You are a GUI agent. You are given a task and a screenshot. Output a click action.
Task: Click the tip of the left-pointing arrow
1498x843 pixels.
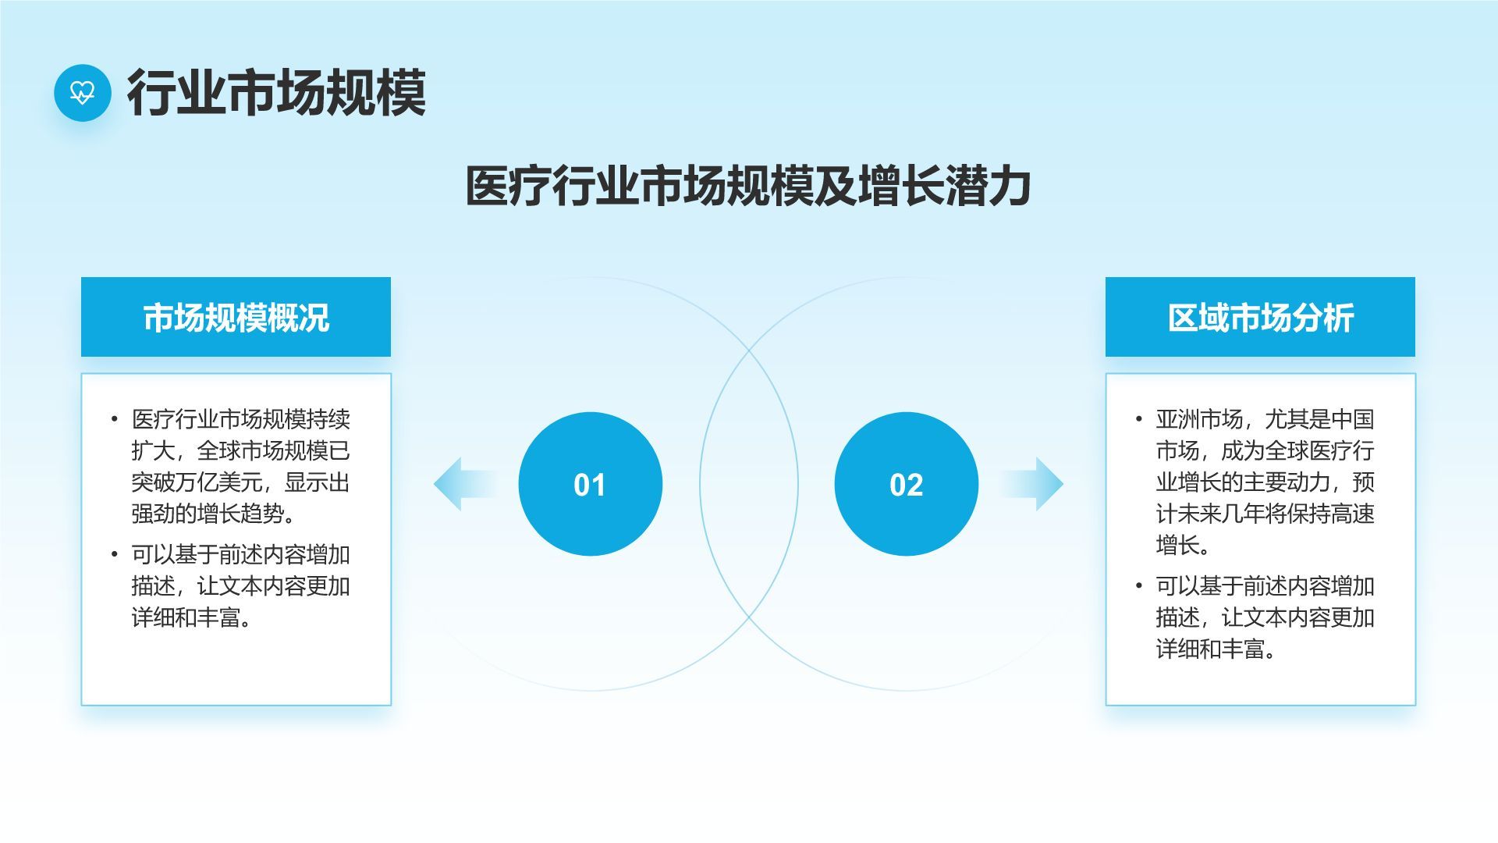tap(434, 484)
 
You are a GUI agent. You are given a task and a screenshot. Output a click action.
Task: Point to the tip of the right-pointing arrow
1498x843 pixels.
tap(1063, 484)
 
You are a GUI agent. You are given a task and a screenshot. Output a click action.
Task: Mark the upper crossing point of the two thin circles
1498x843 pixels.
tap(749, 349)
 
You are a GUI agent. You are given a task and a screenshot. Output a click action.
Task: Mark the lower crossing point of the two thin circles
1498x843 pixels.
tap(749, 618)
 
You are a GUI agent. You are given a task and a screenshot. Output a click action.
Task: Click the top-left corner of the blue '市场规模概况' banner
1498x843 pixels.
tap(81, 277)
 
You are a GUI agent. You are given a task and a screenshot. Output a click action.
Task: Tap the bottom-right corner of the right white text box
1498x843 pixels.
tap(1415, 706)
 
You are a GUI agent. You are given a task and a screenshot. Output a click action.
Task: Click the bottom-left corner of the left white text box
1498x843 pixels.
tap(81, 706)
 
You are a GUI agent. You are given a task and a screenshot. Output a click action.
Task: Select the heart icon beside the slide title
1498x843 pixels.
tap(82, 93)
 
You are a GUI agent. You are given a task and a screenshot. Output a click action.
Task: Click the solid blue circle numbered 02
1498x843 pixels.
tap(907, 484)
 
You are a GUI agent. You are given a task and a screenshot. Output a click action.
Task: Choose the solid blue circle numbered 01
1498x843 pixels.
tap(591, 484)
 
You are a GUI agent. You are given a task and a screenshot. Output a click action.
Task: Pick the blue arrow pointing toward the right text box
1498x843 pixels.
tap(1031, 484)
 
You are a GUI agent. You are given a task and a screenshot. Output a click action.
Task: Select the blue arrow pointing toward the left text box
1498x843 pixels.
tap(467, 484)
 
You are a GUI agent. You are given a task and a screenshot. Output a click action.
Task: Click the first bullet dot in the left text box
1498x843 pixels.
tap(115, 419)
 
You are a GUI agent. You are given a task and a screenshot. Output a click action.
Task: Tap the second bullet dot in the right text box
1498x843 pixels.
tap(1139, 585)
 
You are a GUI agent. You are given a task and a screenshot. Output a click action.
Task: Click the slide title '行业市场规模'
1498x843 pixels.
tap(277, 93)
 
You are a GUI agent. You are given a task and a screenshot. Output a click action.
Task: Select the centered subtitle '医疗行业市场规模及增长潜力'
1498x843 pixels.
tap(749, 187)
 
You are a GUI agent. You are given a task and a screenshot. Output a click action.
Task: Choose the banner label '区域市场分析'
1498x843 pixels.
tap(1261, 318)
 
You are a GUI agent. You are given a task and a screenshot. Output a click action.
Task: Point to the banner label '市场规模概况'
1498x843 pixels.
tap(236, 318)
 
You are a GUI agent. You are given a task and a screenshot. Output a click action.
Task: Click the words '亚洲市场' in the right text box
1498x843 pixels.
tap(1199, 419)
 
